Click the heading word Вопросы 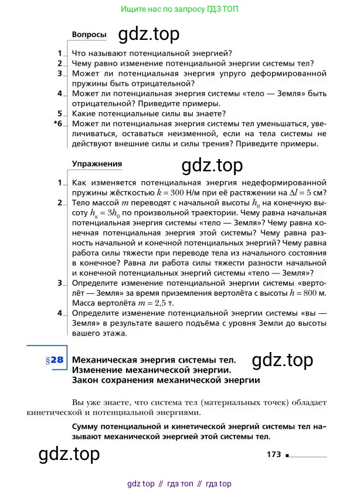pyautogui.click(x=89, y=35)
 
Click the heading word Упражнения pyautogui.click(x=97, y=164)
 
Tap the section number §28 pyautogui.click(x=53, y=361)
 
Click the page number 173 pyautogui.click(x=274, y=455)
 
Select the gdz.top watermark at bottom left pyautogui.click(x=69, y=453)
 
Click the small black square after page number pyautogui.click(x=288, y=455)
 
